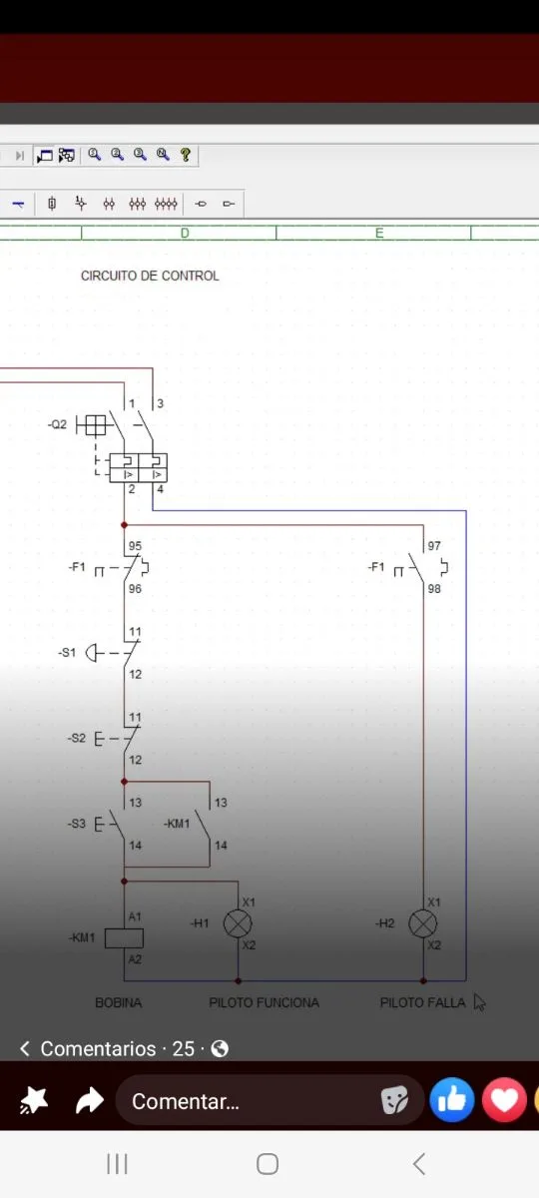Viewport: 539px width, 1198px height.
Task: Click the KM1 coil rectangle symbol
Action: (x=124, y=938)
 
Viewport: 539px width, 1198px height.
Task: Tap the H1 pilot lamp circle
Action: (x=238, y=923)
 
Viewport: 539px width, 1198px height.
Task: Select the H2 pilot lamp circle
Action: (x=423, y=923)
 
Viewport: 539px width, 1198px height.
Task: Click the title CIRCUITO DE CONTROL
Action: (x=150, y=276)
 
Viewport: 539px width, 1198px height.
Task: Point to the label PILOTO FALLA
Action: (x=422, y=1002)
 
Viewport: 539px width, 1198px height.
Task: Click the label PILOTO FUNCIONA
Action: (x=264, y=1002)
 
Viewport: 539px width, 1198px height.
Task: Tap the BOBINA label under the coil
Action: (x=118, y=1002)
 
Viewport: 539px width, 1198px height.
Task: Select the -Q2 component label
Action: (x=57, y=424)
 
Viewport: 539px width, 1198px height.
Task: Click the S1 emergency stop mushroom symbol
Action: (x=93, y=653)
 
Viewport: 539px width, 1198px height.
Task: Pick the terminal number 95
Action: (x=135, y=546)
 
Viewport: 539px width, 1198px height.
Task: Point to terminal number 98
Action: (x=434, y=589)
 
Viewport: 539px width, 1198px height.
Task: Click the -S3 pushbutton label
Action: (x=77, y=824)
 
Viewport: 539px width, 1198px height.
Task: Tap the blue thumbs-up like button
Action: (x=452, y=1099)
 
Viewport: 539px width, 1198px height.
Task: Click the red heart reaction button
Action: (x=504, y=1099)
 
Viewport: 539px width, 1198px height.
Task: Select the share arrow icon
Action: (x=89, y=1100)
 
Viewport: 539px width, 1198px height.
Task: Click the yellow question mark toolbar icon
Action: (x=186, y=155)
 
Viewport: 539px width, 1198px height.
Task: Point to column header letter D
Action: (x=185, y=234)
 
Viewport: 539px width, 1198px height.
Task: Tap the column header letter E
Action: (x=379, y=234)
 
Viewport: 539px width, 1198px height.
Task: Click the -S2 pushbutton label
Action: (x=77, y=738)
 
